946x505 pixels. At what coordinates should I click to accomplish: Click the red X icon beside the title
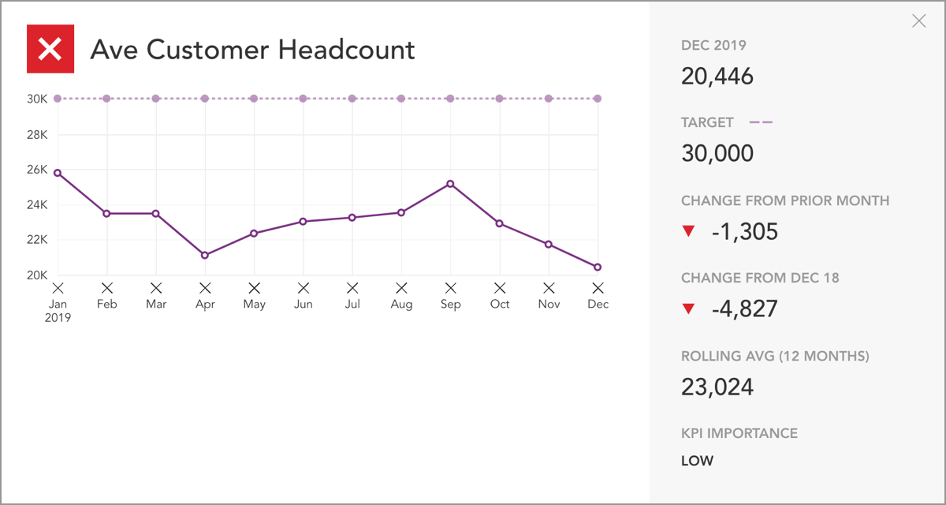[x=50, y=49]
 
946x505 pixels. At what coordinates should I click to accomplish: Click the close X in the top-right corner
[x=918, y=21]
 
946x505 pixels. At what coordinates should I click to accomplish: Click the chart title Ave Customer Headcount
[x=252, y=50]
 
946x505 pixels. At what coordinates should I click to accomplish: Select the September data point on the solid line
[x=450, y=184]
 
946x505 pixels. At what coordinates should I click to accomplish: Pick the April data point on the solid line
[x=205, y=255]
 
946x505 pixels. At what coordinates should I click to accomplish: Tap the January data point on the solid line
[x=58, y=173]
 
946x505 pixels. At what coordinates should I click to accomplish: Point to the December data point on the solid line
[x=598, y=267]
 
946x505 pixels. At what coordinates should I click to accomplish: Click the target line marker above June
[x=303, y=99]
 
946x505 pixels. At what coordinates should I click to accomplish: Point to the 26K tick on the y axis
[x=38, y=170]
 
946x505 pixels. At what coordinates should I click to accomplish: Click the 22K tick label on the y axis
[x=38, y=240]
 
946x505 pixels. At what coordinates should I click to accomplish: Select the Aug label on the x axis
[x=401, y=305]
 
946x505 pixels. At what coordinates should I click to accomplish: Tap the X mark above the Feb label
[x=107, y=288]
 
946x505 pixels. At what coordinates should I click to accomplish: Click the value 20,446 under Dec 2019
[x=717, y=77]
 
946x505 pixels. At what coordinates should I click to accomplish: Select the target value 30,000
[x=717, y=154]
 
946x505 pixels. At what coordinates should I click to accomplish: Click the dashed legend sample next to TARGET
[x=761, y=122]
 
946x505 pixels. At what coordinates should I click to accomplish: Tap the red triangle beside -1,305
[x=689, y=231]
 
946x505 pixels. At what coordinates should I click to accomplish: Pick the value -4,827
[x=744, y=309]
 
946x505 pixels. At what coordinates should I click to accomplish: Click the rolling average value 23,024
[x=717, y=387]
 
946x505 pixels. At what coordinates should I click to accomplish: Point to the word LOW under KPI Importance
[x=697, y=461]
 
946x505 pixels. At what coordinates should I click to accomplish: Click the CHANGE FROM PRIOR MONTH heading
[x=785, y=200]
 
